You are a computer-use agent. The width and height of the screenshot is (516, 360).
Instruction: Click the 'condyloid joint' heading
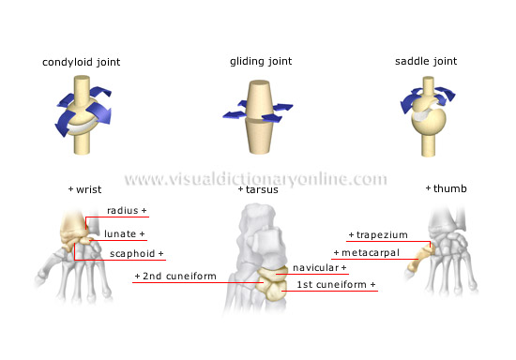coord(81,62)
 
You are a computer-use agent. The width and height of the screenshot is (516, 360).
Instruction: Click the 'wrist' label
coord(87,189)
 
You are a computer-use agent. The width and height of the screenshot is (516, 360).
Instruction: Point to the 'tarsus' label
coord(256,189)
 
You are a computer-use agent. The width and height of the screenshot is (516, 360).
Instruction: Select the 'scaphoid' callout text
coord(134,253)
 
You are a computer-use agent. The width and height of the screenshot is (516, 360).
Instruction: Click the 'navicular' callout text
coord(320,267)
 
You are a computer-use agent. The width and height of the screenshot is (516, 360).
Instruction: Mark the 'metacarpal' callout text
coord(369,253)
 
